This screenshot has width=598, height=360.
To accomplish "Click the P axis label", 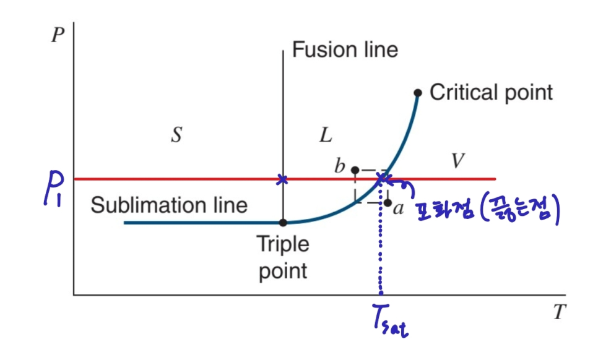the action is tap(58, 33).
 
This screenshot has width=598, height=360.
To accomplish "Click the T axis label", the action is tap(560, 312).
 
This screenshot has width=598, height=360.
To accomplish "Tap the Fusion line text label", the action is tap(345, 49).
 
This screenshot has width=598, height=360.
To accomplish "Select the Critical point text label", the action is tap(491, 93).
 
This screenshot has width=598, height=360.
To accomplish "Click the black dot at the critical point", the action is tap(418, 93).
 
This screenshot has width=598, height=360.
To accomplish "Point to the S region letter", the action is tap(176, 135).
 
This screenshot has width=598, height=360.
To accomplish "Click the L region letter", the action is tap(326, 135).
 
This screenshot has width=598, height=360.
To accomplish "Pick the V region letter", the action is tap(457, 161).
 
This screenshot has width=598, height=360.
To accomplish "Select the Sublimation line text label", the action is tap(169, 205).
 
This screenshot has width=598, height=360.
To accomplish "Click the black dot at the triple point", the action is tap(283, 222).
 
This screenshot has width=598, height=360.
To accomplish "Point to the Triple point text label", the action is tap(283, 257).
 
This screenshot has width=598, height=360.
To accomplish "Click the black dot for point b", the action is tap(355, 169).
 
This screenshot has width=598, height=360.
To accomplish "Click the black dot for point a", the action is tap(387, 202).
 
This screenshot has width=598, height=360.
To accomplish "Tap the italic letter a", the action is tap(399, 209).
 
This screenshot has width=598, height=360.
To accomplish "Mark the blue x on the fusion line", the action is tap(282, 179).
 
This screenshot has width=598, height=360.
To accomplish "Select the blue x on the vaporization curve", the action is tap(383, 179).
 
